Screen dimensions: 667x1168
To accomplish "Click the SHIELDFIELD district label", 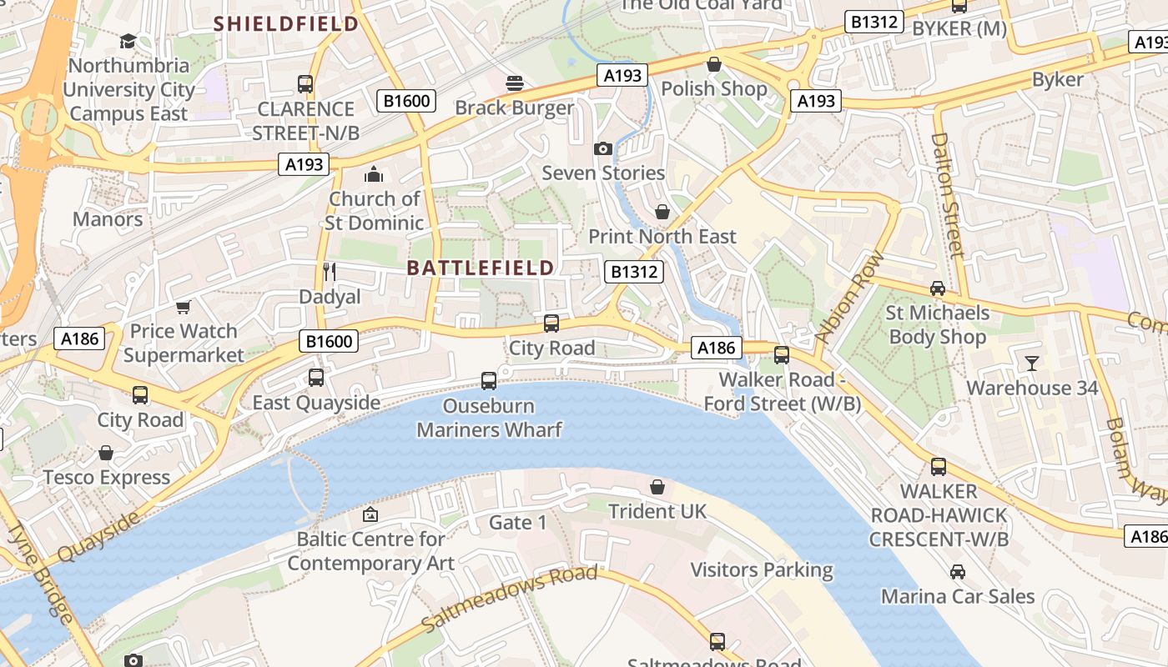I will [x=286, y=23].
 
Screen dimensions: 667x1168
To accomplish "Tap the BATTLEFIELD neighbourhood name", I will [x=481, y=268].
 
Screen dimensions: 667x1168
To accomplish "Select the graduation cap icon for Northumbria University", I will [x=128, y=41].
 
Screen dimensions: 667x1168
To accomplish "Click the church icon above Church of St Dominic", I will [x=374, y=174].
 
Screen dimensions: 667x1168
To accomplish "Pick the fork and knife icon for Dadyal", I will [x=330, y=272].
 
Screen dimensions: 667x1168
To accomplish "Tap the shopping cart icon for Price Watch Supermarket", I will [x=184, y=307].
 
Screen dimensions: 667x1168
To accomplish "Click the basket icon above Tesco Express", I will [x=106, y=453].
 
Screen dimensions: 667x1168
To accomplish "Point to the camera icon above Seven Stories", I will [x=602, y=148].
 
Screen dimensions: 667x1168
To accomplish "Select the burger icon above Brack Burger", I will [x=515, y=83].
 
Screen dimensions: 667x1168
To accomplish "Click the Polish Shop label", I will [x=714, y=88].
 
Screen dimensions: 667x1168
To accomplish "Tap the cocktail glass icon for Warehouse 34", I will [x=1032, y=363].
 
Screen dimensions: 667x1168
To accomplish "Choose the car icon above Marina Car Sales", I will [x=958, y=572].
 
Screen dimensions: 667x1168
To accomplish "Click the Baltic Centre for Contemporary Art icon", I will [x=370, y=514].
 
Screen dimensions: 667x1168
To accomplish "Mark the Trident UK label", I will [x=657, y=511].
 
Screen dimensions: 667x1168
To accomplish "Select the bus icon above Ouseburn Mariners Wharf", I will [x=489, y=381].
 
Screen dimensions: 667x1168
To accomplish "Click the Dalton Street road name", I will [x=948, y=194].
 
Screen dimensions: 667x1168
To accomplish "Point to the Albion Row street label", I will [x=848, y=298].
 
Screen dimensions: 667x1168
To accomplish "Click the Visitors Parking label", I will [x=762, y=570].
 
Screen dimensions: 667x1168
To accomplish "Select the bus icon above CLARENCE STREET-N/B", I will [x=305, y=84].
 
